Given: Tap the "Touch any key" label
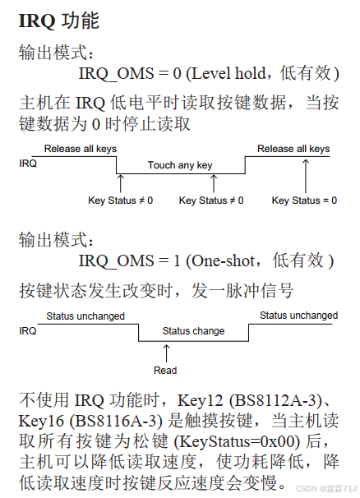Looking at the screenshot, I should pos(180,165).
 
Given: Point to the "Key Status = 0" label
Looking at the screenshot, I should pos(304,200).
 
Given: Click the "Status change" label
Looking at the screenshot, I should pos(193,331).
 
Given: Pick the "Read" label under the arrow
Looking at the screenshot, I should pos(165,371).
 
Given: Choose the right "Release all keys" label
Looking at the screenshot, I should pos(293,149).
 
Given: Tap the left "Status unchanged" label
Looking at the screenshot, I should pos(85,316).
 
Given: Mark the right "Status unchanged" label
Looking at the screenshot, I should pos(298,316).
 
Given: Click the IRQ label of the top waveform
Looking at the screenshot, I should pos(28,164).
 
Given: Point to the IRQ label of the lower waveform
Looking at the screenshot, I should pos(28,331).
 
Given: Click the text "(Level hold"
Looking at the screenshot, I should pos(221,73).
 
